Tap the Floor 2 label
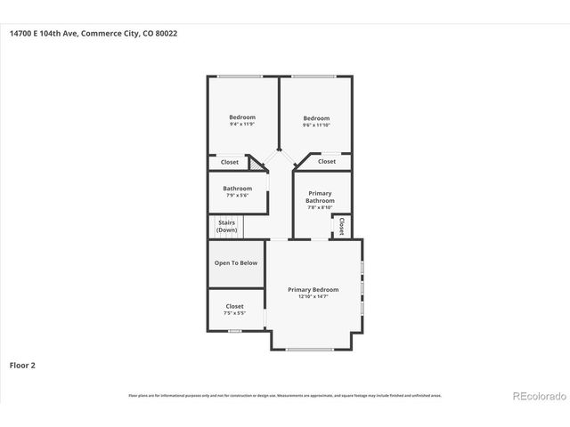(22, 365)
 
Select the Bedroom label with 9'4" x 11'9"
(242, 118)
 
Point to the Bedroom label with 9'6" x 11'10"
(316, 119)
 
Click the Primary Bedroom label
(313, 290)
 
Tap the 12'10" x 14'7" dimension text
(313, 297)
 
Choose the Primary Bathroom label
(320, 197)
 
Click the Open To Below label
(236, 263)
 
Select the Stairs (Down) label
(226, 227)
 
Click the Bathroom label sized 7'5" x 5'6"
(237, 189)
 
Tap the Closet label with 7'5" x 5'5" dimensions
(234, 307)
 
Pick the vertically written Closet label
(341, 225)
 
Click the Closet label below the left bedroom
(230, 162)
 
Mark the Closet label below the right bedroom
(327, 162)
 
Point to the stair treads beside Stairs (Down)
(254, 227)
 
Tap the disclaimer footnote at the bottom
(285, 395)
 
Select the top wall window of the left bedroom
(241, 77)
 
